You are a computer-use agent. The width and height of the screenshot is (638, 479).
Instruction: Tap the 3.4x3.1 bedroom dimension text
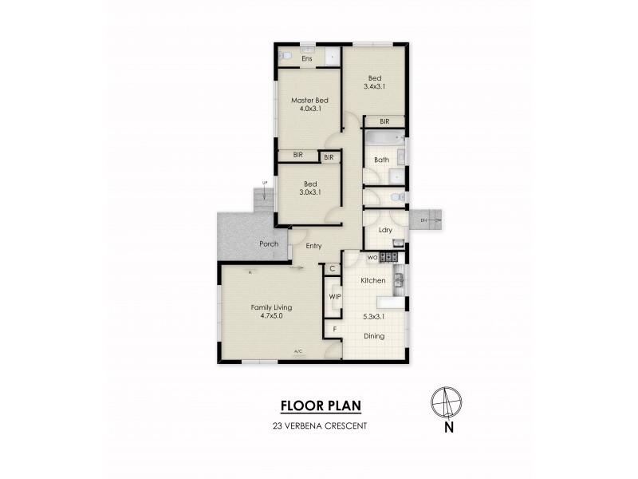click(x=375, y=86)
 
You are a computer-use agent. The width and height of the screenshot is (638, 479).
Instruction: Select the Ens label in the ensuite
click(x=306, y=58)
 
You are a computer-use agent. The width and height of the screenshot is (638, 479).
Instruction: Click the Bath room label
click(x=381, y=160)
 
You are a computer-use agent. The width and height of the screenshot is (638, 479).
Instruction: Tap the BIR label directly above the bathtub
click(x=384, y=121)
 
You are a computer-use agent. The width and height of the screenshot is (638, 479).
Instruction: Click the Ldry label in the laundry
click(x=385, y=231)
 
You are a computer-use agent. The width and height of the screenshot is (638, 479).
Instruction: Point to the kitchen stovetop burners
click(x=388, y=256)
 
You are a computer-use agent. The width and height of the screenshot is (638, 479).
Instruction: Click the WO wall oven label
click(x=372, y=257)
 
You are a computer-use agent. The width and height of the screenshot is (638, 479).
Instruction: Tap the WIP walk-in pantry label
click(x=335, y=297)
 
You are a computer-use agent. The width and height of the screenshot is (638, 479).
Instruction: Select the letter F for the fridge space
click(x=335, y=328)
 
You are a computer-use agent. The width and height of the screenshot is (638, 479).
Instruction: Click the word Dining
click(x=373, y=336)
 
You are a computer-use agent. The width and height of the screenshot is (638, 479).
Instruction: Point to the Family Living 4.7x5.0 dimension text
click(x=271, y=316)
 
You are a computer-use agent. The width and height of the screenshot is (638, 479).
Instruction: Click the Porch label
click(x=267, y=244)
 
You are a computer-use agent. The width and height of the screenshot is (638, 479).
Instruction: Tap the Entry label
click(x=313, y=246)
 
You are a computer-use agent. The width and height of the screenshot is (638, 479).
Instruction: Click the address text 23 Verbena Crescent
click(x=319, y=426)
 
